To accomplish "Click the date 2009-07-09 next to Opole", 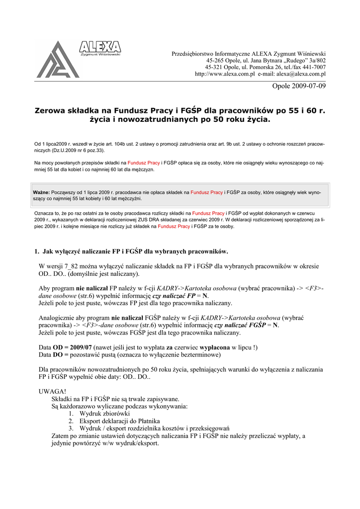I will click(308, 86).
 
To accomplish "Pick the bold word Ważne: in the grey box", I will click(41, 191).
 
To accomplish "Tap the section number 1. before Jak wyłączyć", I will click(36, 252).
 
